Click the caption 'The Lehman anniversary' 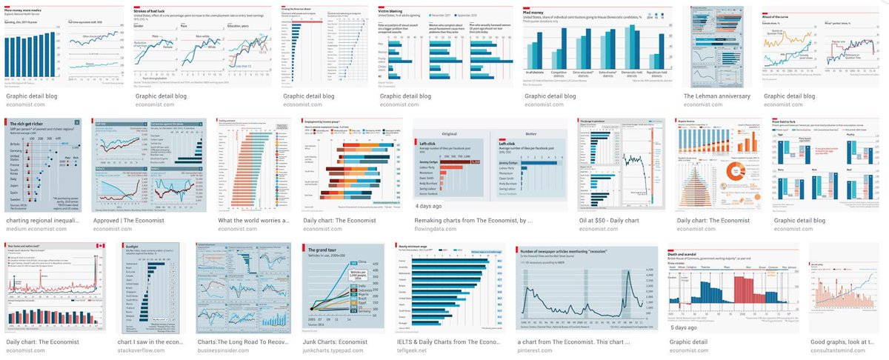pos(716,96)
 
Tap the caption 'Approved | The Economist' pos(133,220)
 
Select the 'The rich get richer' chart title pos(27,124)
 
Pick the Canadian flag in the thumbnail pos(99,247)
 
